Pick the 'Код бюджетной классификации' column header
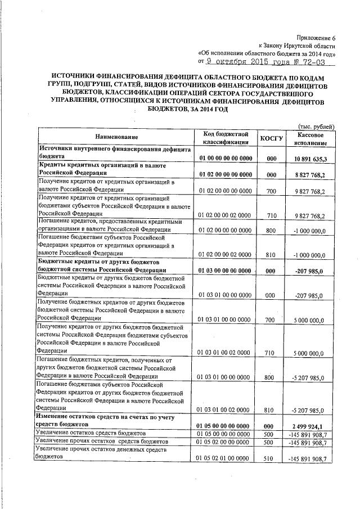[x=225, y=138]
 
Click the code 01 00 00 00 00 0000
[x=224, y=160]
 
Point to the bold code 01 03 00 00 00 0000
[x=224, y=271]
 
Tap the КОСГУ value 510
[x=271, y=459]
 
